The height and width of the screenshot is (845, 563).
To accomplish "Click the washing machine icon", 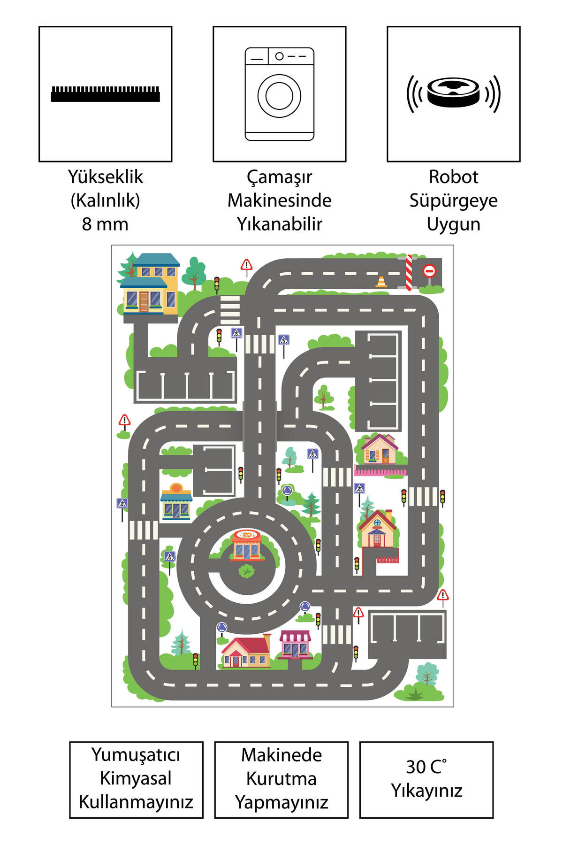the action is coord(280,94).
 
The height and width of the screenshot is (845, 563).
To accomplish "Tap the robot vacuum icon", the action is coord(453,93).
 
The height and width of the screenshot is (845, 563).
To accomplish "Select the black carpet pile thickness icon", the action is coord(106,94).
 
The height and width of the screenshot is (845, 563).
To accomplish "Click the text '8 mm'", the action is coord(105,224).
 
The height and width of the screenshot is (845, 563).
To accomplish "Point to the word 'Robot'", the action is coord(453,177).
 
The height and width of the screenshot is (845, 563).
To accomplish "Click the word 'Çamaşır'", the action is coord(280,177).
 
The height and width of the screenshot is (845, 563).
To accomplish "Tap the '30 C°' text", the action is coord(426,767).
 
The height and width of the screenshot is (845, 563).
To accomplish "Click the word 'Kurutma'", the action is coord(281,778).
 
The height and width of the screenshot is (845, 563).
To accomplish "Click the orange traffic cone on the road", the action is coord(381,282).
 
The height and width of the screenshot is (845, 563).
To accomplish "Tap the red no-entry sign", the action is coord(429,271).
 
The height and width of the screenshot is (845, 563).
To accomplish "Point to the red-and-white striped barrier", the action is coord(409,273).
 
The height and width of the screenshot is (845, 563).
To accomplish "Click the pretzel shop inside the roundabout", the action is coord(247,545).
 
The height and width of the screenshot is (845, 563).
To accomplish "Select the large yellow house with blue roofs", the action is coord(149,284).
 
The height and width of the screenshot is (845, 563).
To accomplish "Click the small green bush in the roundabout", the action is coord(246,571).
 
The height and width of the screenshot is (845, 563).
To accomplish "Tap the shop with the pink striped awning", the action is coord(295,645).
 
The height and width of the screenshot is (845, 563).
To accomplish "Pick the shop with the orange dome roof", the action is coord(176,501).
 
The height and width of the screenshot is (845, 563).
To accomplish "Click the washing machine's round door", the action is coord(279,96).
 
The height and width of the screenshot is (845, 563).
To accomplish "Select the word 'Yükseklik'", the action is coord(106,177).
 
